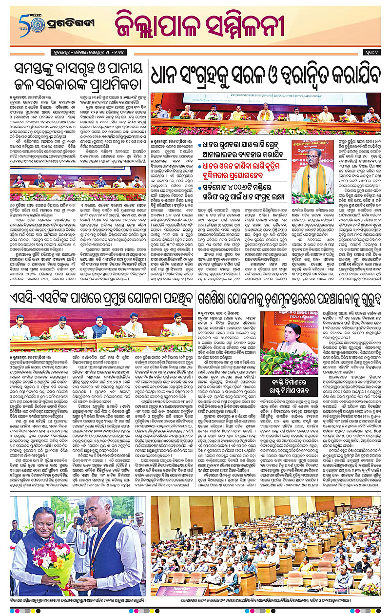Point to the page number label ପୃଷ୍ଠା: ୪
(x=370, y=51)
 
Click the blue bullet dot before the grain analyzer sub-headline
(x=200, y=145)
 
